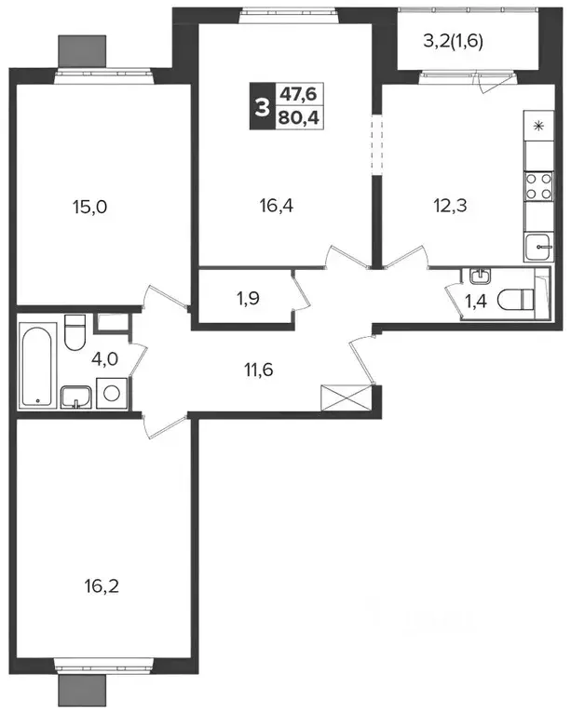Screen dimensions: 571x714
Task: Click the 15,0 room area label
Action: [89, 208]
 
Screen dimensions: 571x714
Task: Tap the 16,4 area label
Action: [277, 206]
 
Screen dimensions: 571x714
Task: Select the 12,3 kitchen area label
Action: [450, 206]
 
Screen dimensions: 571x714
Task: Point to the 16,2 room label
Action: [102, 586]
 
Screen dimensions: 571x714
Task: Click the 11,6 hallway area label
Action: [258, 370]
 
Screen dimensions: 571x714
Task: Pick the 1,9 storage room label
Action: [248, 299]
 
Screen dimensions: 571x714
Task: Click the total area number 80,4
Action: [298, 118]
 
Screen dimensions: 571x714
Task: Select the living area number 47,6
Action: [298, 94]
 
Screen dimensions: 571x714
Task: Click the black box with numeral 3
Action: [261, 106]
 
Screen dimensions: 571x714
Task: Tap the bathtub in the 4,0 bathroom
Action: [37, 365]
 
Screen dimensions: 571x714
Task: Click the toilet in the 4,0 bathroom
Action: [75, 332]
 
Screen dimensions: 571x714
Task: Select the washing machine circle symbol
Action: [112, 393]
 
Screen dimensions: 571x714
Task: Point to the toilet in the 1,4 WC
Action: [515, 300]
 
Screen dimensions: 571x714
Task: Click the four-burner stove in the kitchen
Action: [539, 186]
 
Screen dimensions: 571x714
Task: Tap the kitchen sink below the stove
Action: [538, 247]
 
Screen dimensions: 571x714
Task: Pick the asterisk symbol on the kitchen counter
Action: [538, 126]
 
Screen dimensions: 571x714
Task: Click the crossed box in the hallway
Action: [347, 397]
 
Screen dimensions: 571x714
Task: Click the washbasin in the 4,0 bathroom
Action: [76, 397]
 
